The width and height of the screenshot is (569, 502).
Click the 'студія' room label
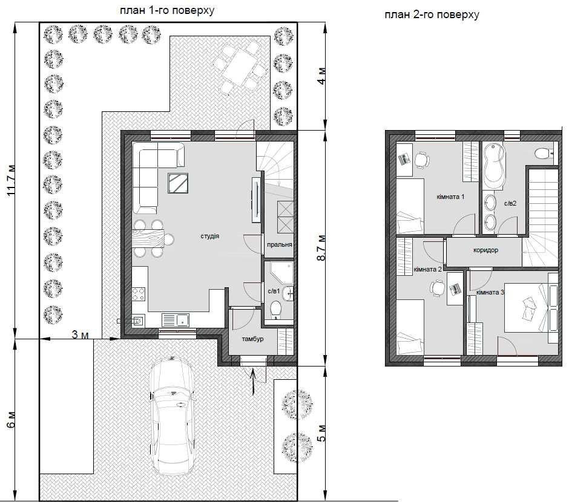(x=210, y=236)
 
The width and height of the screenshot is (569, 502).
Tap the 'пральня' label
(x=280, y=245)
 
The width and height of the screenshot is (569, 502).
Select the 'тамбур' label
(x=252, y=339)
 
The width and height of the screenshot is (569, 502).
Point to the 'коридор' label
(x=485, y=250)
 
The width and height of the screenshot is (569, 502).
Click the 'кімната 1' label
(x=450, y=197)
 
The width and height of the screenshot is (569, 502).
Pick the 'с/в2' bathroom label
(x=510, y=203)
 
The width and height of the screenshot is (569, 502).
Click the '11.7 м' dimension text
(x=12, y=180)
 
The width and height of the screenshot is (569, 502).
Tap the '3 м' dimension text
(x=80, y=334)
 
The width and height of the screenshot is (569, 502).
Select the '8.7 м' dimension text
(x=321, y=247)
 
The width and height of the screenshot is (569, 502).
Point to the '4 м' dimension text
(x=321, y=76)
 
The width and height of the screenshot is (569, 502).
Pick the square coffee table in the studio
(x=178, y=183)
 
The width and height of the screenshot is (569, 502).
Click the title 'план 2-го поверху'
(x=432, y=15)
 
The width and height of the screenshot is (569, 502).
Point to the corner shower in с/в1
(x=281, y=273)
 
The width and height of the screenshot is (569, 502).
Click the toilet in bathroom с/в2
(x=544, y=153)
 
